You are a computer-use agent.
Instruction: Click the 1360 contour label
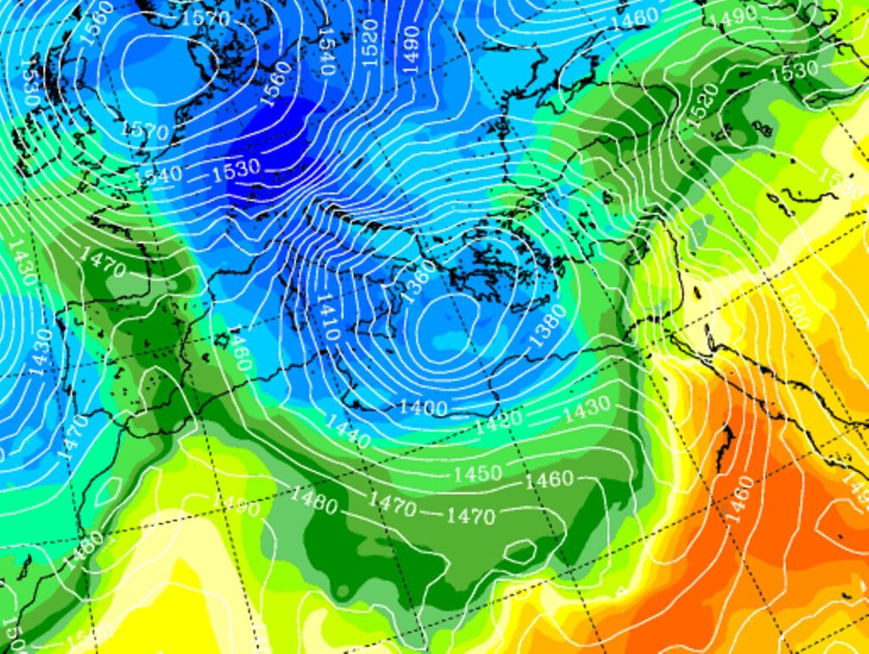click(x=419, y=276)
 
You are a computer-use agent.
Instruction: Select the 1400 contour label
click(x=423, y=408)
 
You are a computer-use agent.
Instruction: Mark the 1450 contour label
click(x=477, y=473)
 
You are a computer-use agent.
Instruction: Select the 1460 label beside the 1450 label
click(x=548, y=480)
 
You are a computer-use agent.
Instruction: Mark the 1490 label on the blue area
click(x=412, y=48)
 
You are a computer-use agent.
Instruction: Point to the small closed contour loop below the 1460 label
click(x=517, y=553)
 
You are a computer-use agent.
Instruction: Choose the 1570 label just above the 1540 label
click(x=144, y=132)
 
